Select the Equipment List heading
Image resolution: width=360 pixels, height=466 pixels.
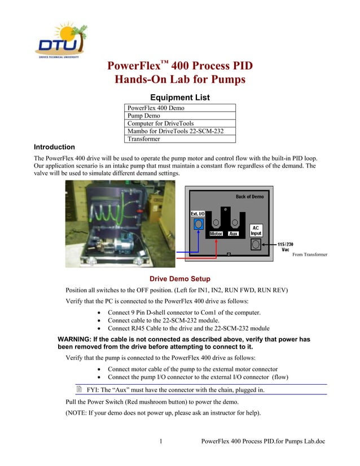(179, 98)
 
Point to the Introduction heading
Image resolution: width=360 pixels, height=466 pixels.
(54, 147)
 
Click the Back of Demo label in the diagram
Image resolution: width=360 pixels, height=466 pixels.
(249, 197)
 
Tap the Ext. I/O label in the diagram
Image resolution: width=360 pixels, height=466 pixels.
(197, 214)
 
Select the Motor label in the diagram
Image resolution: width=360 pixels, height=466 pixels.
(216, 233)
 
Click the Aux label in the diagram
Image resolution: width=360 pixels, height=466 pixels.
(234, 233)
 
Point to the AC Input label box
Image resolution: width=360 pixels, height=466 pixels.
(256, 231)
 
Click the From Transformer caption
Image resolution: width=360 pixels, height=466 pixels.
(310, 255)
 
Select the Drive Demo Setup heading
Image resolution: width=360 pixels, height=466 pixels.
(179, 279)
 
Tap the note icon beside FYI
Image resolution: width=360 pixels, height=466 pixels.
(80, 389)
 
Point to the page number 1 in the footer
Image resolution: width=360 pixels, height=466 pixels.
(161, 440)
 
